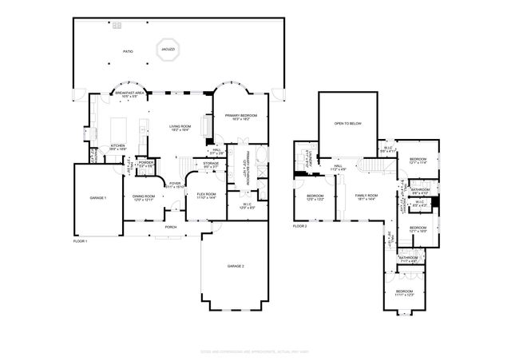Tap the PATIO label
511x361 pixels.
[x=128, y=51]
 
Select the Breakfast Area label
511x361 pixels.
[x=129, y=94]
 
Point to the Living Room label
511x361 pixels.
[x=180, y=128]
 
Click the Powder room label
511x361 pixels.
[x=145, y=164]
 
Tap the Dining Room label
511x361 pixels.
[x=144, y=196]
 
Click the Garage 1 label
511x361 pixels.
[x=97, y=196]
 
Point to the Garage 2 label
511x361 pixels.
[x=236, y=265]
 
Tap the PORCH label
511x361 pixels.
[x=171, y=227]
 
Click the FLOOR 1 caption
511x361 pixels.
[x=81, y=240]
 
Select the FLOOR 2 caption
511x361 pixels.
[x=299, y=227]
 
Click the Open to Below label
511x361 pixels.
[x=348, y=124]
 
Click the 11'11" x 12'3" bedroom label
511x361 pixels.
[x=406, y=292]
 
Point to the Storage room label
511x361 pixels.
[x=210, y=165]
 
